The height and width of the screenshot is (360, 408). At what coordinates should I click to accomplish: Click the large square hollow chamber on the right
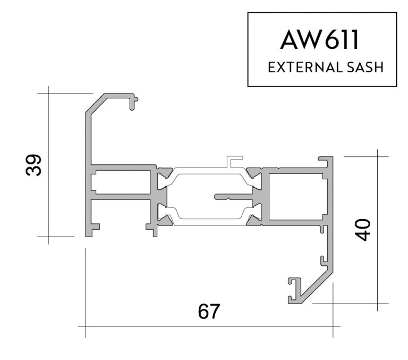pos(295,196)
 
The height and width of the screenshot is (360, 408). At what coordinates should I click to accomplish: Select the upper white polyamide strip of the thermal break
pos(207,172)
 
